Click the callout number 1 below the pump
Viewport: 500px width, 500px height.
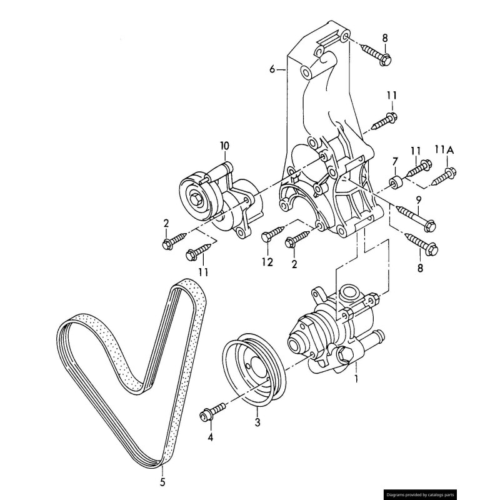[x=356, y=378]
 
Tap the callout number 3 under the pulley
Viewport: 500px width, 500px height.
[x=257, y=423]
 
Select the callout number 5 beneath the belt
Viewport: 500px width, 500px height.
[x=162, y=482]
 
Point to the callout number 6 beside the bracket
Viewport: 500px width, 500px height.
[x=272, y=69]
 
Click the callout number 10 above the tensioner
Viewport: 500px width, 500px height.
[x=224, y=146]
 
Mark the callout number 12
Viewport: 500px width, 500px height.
[x=267, y=262]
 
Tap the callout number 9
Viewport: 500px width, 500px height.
[x=418, y=200]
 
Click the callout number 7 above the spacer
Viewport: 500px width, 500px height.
[x=394, y=163]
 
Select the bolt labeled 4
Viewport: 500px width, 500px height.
[x=212, y=414]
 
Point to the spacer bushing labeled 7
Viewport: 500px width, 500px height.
[x=395, y=184]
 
